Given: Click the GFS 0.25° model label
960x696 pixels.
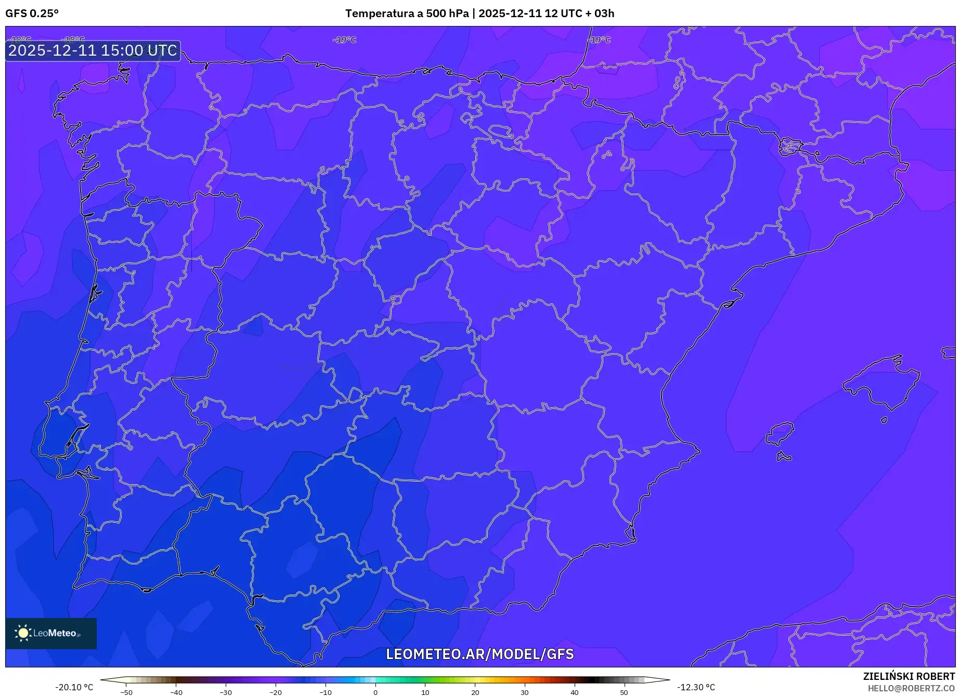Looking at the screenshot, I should click(x=32, y=14).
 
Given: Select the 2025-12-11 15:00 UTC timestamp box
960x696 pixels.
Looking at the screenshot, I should click(x=93, y=50).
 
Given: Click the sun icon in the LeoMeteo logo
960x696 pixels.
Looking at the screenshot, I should click(x=23, y=633).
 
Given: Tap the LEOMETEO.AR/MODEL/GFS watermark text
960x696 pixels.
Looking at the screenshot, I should click(x=479, y=654).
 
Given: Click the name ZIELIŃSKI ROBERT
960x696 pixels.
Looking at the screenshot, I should click(x=909, y=677).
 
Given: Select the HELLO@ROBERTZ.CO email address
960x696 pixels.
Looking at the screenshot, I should click(x=911, y=688).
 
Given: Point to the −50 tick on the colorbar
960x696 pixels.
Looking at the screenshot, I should click(x=126, y=692).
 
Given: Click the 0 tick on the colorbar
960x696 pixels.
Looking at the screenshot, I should click(x=375, y=692).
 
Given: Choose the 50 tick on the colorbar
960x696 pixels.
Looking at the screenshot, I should click(x=624, y=692).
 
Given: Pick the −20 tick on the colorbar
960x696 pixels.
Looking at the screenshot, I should click(x=276, y=692).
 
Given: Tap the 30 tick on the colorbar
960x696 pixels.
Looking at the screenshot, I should click(x=525, y=692).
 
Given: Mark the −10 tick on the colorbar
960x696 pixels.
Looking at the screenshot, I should click(x=326, y=692).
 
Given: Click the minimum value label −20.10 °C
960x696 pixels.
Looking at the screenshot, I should click(x=74, y=687).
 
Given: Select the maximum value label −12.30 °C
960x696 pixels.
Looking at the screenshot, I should click(x=696, y=687).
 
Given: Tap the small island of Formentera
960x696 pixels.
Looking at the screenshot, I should click(x=784, y=457).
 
